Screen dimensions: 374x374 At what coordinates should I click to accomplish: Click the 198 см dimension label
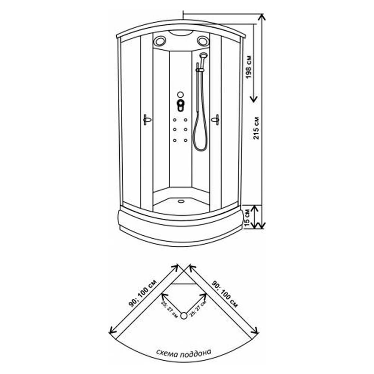coord(249,67)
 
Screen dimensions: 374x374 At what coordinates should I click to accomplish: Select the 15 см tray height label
coord(247,218)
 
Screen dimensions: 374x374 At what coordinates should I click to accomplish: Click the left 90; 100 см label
coord(143,293)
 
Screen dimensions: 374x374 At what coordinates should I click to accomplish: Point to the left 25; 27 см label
coord(169,309)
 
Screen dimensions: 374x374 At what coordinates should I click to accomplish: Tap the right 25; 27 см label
coord(198,309)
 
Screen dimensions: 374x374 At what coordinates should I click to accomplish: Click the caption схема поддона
coord(184,353)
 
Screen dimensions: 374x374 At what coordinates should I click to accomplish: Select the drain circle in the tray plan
coord(184,316)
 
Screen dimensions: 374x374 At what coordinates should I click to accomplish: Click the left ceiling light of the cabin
coord(159,41)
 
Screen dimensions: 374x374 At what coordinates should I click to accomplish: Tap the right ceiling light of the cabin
coord(203,41)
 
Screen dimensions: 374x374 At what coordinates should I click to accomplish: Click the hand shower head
coord(203,55)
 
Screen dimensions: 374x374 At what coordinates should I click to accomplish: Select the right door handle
coord(216,119)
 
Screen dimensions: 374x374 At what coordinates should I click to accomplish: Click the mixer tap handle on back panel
coord(181,105)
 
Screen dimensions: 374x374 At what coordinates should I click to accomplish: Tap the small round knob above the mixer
coord(180,94)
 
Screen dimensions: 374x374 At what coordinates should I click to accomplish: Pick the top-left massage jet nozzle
coord(175,120)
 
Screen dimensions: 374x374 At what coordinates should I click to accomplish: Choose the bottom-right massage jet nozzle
coord(186,141)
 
